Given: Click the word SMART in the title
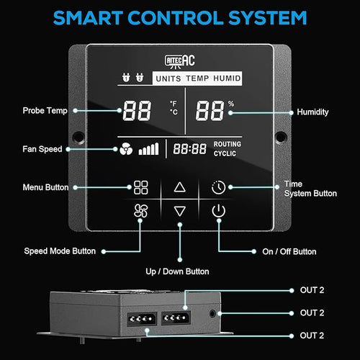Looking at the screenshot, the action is click(x=88, y=18).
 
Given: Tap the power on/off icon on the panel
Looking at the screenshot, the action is click(x=218, y=211).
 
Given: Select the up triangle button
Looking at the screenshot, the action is click(x=180, y=187).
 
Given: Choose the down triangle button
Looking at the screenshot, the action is click(x=180, y=211).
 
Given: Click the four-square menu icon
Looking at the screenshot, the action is click(x=140, y=187).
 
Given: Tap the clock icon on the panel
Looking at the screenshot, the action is click(x=218, y=187).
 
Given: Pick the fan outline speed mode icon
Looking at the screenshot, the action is click(x=140, y=211).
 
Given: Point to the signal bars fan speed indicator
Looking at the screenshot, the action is click(x=148, y=149).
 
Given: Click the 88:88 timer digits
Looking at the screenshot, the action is click(x=189, y=149).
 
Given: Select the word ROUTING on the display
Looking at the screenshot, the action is click(x=228, y=144).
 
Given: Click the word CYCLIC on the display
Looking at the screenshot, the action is click(x=225, y=153).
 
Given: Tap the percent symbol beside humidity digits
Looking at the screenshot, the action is click(x=231, y=104).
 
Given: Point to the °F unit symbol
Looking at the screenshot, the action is click(x=174, y=104).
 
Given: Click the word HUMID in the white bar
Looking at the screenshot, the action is click(x=227, y=78).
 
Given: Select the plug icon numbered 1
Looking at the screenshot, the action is click(x=126, y=77).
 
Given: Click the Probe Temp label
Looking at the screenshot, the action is click(x=45, y=111).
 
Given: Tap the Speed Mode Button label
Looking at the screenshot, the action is click(x=60, y=251).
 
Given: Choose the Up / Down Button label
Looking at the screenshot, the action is click(x=177, y=271).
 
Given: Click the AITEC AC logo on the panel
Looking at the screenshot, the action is click(x=180, y=61).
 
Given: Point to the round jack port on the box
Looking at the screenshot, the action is click(x=212, y=313).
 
